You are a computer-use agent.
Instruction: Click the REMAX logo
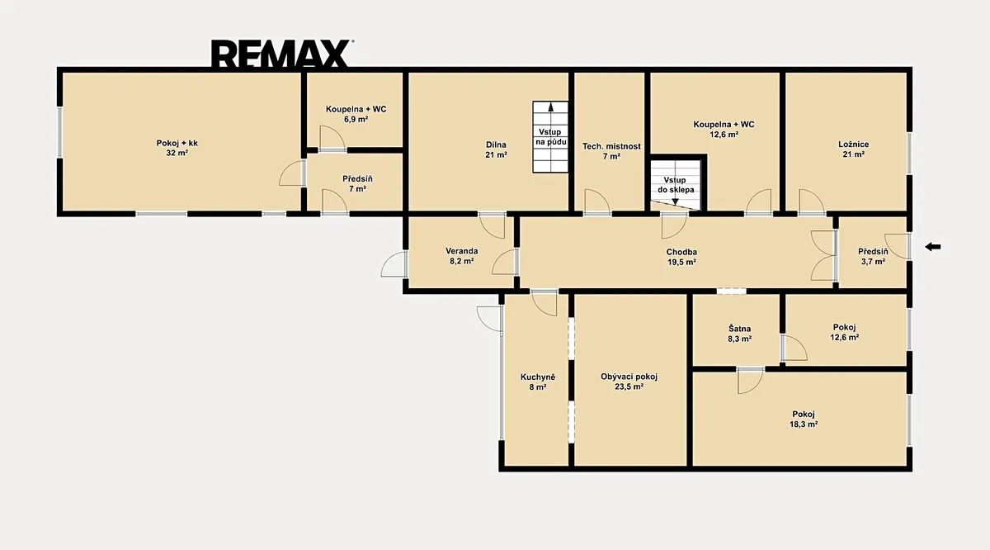(281, 54)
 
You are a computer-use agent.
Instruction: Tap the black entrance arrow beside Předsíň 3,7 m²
(932, 247)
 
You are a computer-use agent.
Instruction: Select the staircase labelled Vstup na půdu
(550, 137)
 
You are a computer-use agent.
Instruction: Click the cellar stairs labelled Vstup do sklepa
(676, 185)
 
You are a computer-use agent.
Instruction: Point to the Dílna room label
(496, 149)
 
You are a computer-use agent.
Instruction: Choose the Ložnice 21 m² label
(853, 149)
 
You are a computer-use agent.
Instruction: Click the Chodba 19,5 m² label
(681, 257)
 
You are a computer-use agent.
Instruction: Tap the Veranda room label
(462, 256)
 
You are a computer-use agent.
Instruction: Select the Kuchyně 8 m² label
(538, 382)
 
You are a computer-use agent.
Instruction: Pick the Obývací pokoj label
(629, 382)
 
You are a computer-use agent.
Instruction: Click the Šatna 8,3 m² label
(740, 334)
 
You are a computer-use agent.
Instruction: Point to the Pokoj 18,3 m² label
(804, 419)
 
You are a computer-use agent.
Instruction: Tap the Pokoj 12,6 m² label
(844, 332)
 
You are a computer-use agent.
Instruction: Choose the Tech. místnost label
(611, 151)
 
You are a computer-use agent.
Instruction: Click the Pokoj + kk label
(177, 148)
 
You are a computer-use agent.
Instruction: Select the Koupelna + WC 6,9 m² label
(356, 114)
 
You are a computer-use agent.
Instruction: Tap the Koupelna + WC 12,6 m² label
(724, 129)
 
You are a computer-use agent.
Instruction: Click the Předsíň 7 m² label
(357, 183)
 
